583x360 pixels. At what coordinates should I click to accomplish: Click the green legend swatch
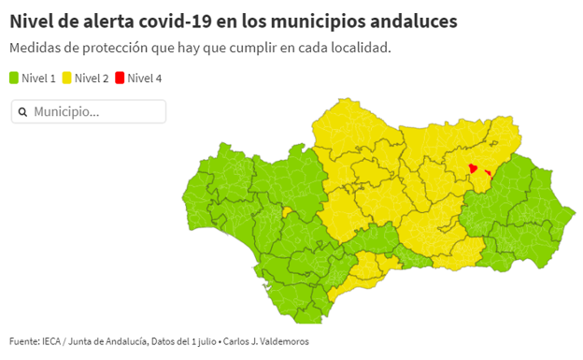14,79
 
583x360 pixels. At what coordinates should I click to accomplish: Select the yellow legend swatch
67,79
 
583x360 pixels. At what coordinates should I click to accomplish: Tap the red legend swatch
121,79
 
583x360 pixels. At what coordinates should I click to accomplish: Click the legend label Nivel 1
39,79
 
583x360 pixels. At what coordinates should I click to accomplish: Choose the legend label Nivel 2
92,79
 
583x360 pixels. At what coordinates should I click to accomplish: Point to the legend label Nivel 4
145,79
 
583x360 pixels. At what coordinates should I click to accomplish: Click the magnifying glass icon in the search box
22,112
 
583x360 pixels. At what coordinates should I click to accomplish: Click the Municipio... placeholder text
66,112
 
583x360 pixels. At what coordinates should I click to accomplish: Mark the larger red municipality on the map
473,169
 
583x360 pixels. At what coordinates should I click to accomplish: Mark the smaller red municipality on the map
489,173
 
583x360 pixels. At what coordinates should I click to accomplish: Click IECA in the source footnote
52,342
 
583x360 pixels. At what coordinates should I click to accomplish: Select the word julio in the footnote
203,342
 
